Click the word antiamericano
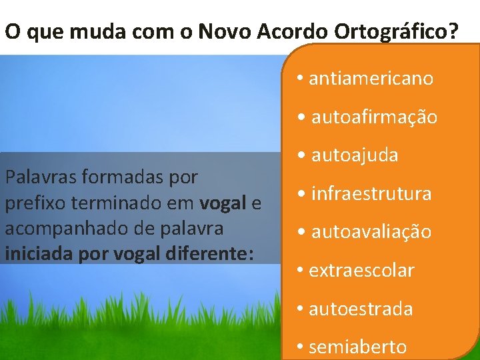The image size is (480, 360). [371, 79]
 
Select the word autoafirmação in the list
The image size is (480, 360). [374, 117]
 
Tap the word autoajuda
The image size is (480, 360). [355, 155]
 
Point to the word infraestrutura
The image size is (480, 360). [371, 194]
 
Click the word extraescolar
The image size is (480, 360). [361, 270]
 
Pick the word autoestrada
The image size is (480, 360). [361, 309]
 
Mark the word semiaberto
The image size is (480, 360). [357, 347]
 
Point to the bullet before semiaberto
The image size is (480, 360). [301, 347]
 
